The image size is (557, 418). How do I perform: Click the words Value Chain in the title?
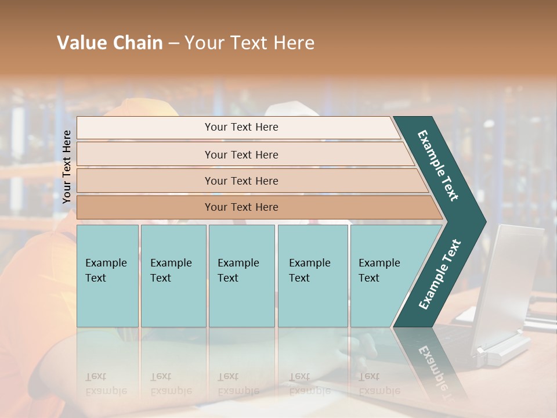(x=110, y=43)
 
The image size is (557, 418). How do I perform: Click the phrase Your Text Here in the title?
(x=249, y=43)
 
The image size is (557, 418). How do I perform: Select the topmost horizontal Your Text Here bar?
(x=241, y=127)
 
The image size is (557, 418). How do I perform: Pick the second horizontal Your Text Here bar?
(x=241, y=154)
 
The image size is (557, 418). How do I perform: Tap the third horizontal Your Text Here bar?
(x=241, y=181)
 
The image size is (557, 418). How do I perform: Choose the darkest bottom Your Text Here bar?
(x=241, y=207)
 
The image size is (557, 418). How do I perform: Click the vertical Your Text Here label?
(x=67, y=167)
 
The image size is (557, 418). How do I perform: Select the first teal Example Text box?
(x=107, y=276)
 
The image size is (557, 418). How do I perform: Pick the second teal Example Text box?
(x=173, y=276)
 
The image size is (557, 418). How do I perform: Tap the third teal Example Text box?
(x=241, y=276)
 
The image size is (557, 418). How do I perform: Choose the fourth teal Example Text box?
(x=312, y=276)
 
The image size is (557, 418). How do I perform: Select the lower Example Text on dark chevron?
(x=439, y=275)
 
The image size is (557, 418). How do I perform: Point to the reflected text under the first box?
(x=106, y=384)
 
